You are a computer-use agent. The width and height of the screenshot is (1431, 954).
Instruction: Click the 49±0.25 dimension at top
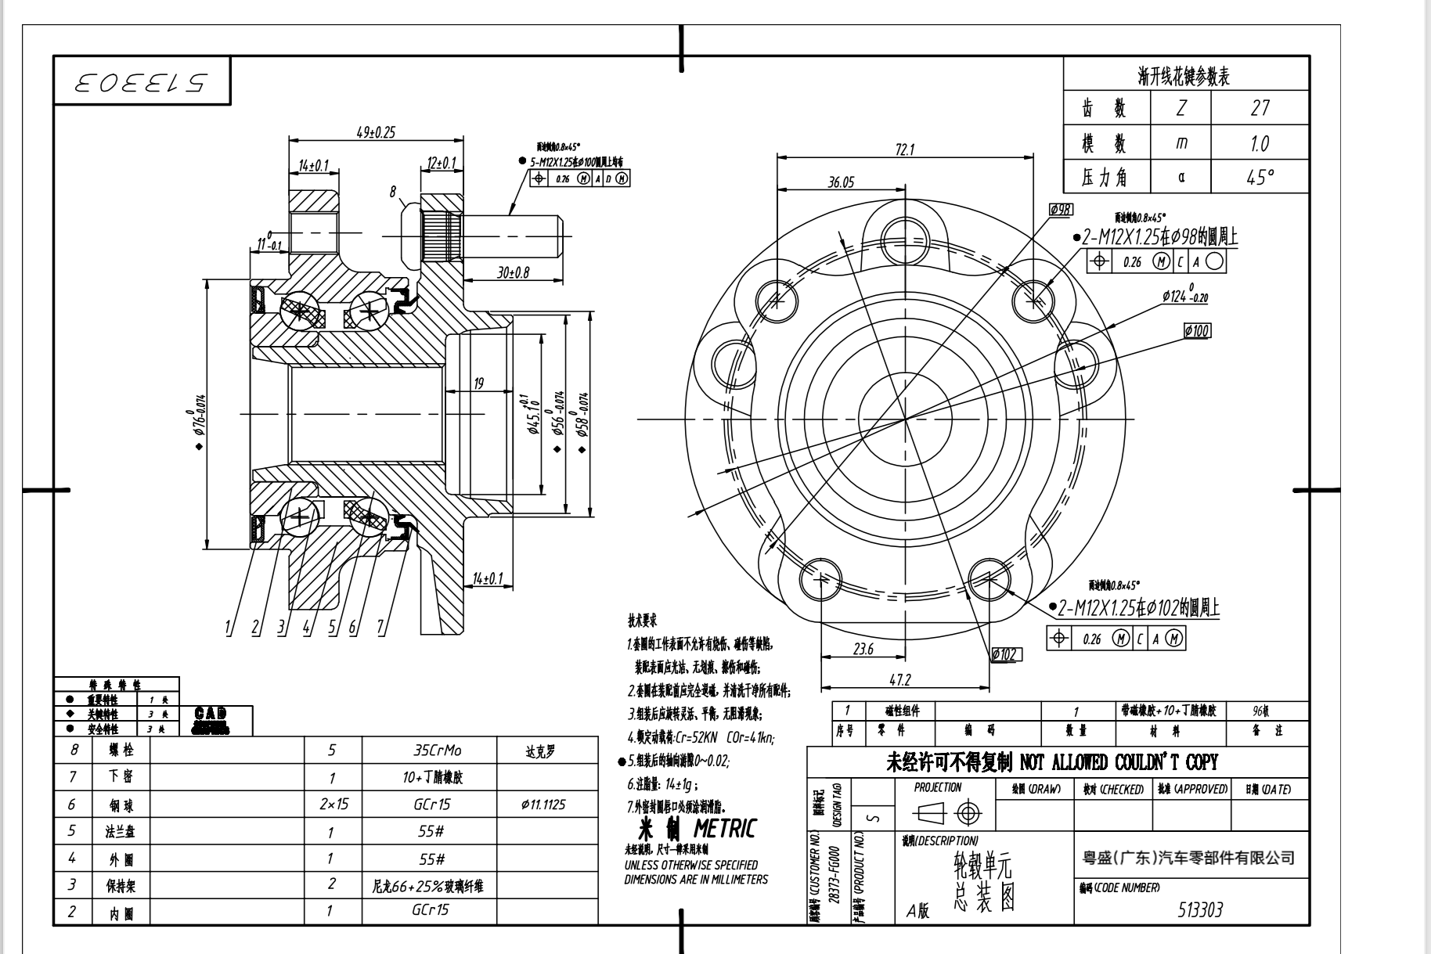point(376,132)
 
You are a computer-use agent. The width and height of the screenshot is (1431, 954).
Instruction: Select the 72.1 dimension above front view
point(905,149)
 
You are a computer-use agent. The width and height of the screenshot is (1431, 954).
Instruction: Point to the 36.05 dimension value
point(841,182)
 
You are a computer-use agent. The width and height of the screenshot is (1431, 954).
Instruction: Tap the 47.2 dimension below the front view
point(899,680)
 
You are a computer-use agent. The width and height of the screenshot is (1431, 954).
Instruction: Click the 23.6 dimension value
point(863,649)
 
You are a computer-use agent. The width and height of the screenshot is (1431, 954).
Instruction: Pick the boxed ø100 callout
point(1197,331)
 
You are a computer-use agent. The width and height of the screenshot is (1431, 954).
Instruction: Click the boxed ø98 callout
point(1062,210)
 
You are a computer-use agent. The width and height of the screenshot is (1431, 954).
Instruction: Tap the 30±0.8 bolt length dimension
point(514,272)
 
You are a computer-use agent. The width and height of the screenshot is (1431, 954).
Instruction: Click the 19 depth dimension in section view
point(478,383)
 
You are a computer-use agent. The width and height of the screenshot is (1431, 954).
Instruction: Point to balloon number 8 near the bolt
point(394,190)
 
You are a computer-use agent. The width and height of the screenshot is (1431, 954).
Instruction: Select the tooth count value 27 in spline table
point(1260,108)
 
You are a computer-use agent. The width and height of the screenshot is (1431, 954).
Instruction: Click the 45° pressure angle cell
point(1260,178)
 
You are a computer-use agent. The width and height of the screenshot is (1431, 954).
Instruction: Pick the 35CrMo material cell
point(438,751)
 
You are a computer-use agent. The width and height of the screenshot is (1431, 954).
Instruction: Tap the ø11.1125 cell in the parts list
point(542,805)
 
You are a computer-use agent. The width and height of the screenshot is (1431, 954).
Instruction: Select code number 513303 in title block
point(1200,909)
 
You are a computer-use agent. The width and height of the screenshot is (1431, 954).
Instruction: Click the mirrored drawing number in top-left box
point(142,82)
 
